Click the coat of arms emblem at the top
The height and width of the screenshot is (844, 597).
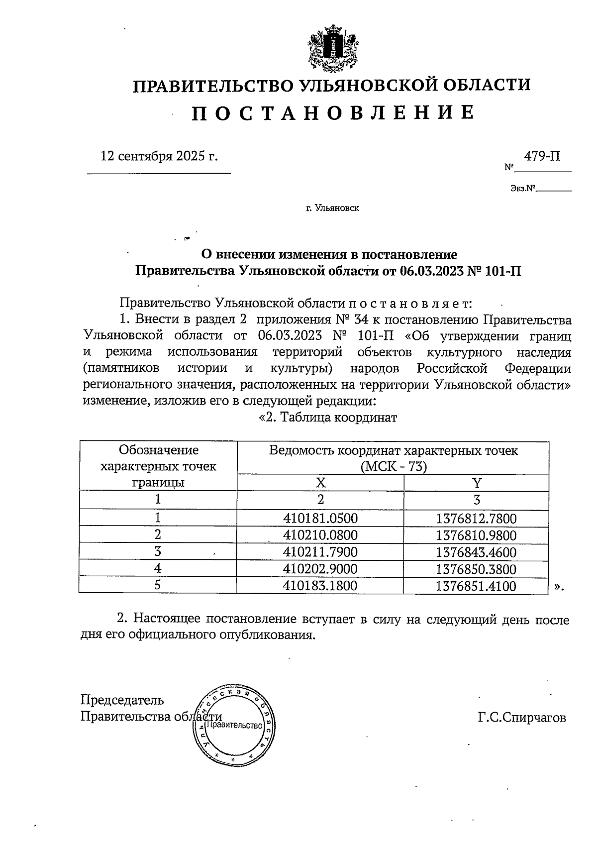pyautogui.click(x=332, y=51)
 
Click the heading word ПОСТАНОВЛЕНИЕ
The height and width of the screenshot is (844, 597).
pyautogui.click(x=332, y=113)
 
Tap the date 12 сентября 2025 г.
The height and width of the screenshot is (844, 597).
pyautogui.click(x=159, y=156)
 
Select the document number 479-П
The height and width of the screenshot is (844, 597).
pyautogui.click(x=542, y=157)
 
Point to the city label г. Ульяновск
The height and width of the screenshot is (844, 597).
pyautogui.click(x=332, y=208)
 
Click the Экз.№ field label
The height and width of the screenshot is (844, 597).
pyautogui.click(x=522, y=189)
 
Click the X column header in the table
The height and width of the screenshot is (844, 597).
pyautogui.click(x=321, y=483)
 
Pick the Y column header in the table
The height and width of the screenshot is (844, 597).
pyautogui.click(x=476, y=483)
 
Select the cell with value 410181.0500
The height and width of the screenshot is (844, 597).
pyautogui.click(x=320, y=519)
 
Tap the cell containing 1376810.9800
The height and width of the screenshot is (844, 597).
pyautogui.click(x=476, y=536)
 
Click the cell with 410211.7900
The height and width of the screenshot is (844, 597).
pyautogui.click(x=320, y=552)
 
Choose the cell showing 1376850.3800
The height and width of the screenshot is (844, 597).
pyautogui.click(x=476, y=569)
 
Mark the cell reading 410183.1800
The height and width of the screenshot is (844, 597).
pyautogui.click(x=320, y=586)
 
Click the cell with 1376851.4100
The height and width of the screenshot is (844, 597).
pyautogui.click(x=476, y=586)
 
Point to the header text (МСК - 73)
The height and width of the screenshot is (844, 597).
pyautogui.click(x=394, y=467)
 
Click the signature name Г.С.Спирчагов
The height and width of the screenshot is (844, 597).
pyautogui.click(x=521, y=718)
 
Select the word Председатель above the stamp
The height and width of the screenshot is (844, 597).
pyautogui.click(x=122, y=700)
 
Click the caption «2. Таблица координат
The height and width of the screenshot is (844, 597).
pyautogui.click(x=328, y=417)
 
